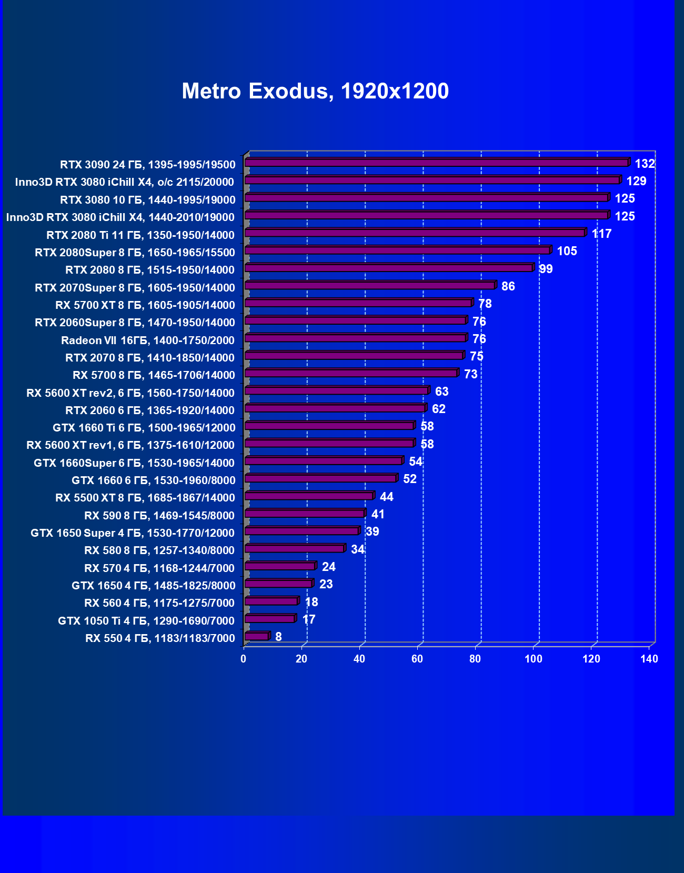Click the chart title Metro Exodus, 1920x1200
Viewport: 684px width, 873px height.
[x=315, y=91]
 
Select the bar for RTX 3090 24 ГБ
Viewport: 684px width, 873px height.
[x=437, y=163]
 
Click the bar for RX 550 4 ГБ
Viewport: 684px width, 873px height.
[x=257, y=637]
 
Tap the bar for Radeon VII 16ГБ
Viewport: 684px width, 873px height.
[x=355, y=338]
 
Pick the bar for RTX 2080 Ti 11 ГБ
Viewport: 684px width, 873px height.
[x=415, y=233]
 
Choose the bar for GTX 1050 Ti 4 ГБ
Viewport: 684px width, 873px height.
[x=269, y=619]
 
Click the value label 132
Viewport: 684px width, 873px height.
[x=645, y=164]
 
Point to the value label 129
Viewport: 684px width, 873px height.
[x=636, y=181]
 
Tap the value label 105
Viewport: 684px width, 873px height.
[x=567, y=251]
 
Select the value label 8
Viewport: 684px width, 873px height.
[x=278, y=637]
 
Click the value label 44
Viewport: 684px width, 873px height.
[x=386, y=497]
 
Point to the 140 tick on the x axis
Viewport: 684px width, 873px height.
[x=649, y=659]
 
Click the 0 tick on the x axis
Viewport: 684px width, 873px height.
[x=244, y=659]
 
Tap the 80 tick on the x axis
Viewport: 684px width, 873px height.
[x=475, y=659]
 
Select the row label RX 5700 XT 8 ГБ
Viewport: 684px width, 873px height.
[x=145, y=305]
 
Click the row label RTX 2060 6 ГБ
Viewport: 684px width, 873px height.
[x=150, y=410]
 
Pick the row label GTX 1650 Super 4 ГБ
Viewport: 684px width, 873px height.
[x=133, y=533]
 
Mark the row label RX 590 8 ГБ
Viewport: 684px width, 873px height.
[x=159, y=516]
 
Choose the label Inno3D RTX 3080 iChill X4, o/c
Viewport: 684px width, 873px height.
[x=125, y=182]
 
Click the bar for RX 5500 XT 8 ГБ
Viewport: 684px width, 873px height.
[x=309, y=496]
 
